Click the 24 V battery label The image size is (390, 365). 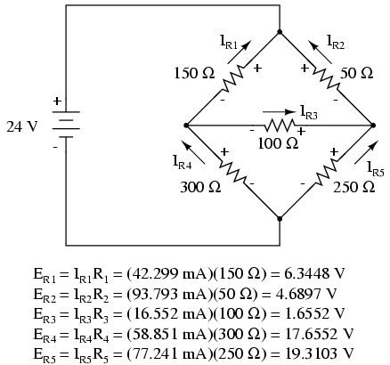(x=22, y=126)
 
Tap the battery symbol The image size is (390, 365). (x=66, y=125)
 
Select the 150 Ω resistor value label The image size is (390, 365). (x=194, y=73)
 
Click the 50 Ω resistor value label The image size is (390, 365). (x=356, y=73)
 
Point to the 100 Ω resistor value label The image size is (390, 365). (x=278, y=143)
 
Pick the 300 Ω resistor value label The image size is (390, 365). (x=200, y=187)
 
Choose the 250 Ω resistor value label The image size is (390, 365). (x=354, y=187)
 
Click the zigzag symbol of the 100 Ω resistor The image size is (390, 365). (x=280, y=126)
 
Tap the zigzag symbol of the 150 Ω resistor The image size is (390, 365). (x=233, y=79)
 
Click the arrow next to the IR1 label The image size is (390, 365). (x=240, y=53)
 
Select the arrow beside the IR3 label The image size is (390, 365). (x=280, y=112)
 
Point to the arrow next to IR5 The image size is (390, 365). (x=367, y=152)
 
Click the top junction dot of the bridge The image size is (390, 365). (x=280, y=32)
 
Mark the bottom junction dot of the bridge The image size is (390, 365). (x=280, y=219)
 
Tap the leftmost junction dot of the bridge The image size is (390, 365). (x=186, y=126)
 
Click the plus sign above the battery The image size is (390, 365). (x=57, y=101)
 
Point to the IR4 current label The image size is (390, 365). (x=182, y=162)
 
